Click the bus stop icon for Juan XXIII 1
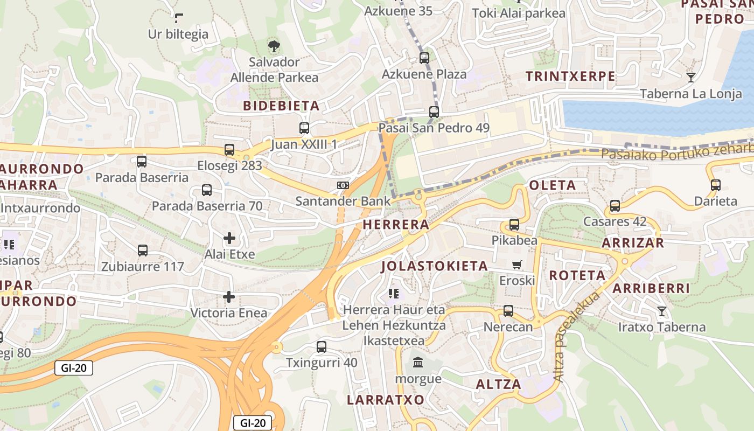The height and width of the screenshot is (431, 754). pyautogui.click(x=304, y=128)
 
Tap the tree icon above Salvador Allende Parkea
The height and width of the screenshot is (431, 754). pyautogui.click(x=274, y=46)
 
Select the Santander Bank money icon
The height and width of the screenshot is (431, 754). pyautogui.click(x=343, y=185)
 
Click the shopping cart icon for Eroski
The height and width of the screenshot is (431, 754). pyautogui.click(x=517, y=265)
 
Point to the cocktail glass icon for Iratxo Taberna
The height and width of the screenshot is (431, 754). pyautogui.click(x=662, y=311)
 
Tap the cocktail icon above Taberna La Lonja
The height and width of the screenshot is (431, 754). pyautogui.click(x=691, y=78)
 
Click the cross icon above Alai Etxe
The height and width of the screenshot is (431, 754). pyautogui.click(x=229, y=238)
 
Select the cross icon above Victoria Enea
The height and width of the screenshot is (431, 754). pyautogui.click(x=229, y=296)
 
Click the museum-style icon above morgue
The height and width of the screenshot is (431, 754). pyautogui.click(x=418, y=362)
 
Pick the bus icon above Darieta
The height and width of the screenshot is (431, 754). pyautogui.click(x=716, y=185)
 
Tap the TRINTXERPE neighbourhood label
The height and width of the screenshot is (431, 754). pyautogui.click(x=570, y=76)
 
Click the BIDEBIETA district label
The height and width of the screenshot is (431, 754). pyautogui.click(x=281, y=106)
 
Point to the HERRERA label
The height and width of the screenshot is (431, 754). pyautogui.click(x=396, y=225)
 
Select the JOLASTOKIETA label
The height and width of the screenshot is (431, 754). pyautogui.click(x=435, y=266)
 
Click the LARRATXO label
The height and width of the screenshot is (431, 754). pyautogui.click(x=386, y=400)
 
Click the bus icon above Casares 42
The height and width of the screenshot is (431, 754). pyautogui.click(x=615, y=205)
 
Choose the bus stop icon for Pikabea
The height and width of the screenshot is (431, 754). pyautogui.click(x=514, y=224)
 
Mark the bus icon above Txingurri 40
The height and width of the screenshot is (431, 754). pyautogui.click(x=322, y=346)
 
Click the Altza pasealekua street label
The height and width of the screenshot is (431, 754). pyautogui.click(x=577, y=337)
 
